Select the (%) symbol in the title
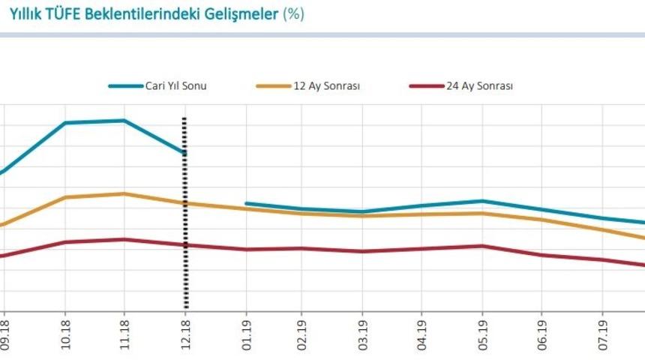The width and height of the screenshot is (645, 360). pos(293,14)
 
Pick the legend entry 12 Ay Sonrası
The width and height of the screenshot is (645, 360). pos(325,85)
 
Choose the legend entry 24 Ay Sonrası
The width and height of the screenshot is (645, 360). pos(479,85)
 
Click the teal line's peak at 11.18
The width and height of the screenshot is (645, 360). pos(124,120)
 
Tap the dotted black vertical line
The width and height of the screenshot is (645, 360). pos(185,225)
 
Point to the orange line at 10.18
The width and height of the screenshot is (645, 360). pos(65,197)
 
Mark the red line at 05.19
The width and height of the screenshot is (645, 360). pos(481,245)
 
